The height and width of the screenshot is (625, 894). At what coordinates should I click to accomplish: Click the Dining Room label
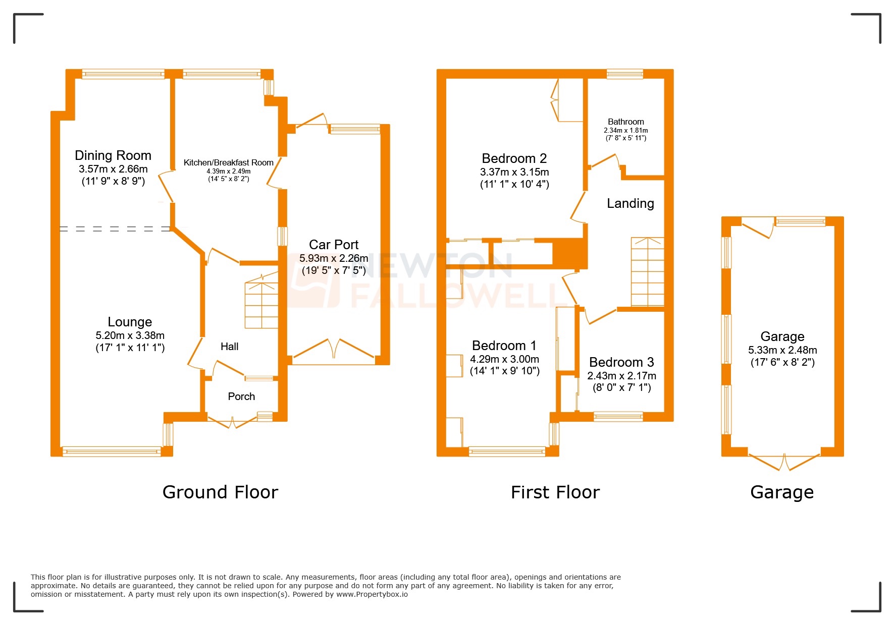pos(113,155)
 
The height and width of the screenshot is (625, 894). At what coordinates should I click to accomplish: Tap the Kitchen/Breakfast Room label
pos(228,162)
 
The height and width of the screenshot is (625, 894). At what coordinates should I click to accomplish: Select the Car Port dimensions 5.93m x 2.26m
pos(334,258)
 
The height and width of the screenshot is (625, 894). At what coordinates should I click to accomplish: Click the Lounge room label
pos(130,322)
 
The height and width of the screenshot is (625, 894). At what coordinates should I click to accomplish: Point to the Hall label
pos(229,347)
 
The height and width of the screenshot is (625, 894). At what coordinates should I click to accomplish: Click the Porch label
pos(241,396)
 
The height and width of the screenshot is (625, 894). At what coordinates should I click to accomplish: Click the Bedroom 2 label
pos(514,158)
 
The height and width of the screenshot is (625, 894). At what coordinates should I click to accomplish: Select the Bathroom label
pos(625,122)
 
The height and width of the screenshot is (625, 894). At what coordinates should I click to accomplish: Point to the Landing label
pos(630,203)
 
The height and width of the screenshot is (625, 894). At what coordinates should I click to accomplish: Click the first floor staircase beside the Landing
pos(647,272)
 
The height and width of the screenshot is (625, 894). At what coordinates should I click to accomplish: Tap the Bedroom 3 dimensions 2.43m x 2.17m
pos(621,376)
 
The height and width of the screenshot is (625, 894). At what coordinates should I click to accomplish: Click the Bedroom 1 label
pos(504,346)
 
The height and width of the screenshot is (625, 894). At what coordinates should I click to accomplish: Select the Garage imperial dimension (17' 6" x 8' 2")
pos(782,362)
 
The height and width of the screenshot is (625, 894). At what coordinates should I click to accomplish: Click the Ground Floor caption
pos(220,492)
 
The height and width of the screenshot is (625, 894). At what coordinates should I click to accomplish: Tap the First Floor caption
pos(555,492)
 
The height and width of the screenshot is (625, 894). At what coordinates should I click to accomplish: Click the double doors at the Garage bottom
pos(784,462)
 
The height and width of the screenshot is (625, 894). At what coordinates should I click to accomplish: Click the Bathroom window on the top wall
pos(624,74)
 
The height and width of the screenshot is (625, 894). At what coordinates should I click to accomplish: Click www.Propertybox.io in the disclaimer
pos(372,595)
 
